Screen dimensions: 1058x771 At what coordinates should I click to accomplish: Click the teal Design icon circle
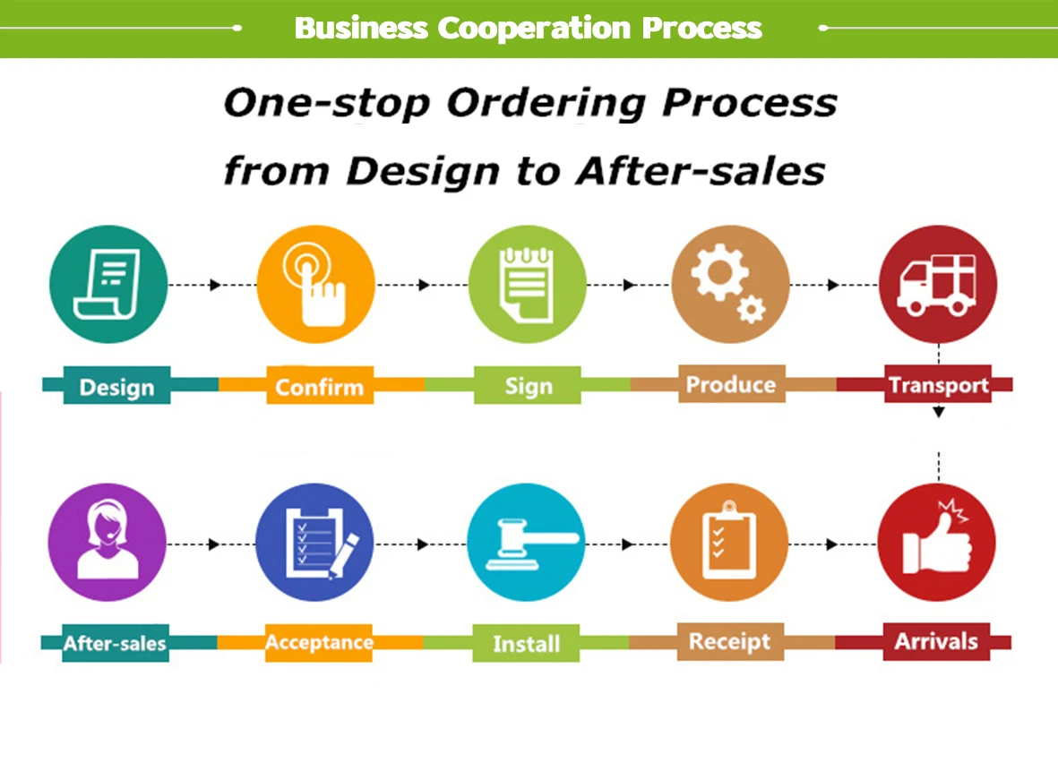[108, 285]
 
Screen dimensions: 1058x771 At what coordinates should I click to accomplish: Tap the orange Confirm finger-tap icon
[315, 285]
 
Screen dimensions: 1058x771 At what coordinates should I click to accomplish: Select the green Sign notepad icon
[527, 285]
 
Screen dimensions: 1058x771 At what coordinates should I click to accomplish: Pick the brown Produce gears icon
[730, 285]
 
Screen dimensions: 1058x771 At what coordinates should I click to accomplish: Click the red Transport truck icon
[938, 285]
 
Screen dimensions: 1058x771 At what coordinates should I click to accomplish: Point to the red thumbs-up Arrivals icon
[937, 543]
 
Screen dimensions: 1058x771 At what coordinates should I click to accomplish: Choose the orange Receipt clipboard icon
[729, 543]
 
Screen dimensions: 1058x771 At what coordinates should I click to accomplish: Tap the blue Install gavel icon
[526, 543]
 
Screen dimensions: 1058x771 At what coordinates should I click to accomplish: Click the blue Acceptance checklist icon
[314, 543]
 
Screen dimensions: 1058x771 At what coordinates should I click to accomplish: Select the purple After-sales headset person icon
[107, 543]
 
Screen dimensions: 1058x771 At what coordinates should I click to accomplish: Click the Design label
[116, 388]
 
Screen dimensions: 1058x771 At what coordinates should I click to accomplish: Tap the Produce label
[730, 385]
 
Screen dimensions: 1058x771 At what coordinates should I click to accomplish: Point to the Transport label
[938, 386]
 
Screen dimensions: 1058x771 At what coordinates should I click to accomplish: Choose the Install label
[526, 644]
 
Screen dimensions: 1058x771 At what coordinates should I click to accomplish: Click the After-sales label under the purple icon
[115, 643]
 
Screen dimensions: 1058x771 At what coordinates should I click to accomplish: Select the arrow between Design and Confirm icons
[214, 285]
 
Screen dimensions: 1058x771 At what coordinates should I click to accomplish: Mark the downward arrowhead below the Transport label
[938, 413]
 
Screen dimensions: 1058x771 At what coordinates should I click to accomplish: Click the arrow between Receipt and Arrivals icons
[832, 544]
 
